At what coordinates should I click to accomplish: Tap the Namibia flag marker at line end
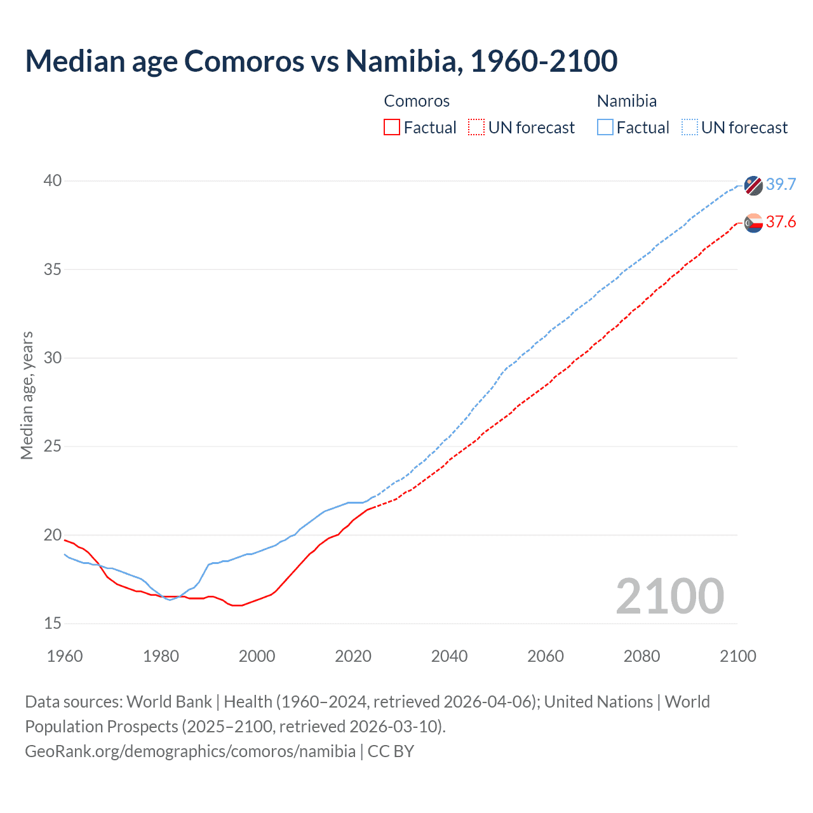[753, 185]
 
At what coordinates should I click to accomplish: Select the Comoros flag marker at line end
[753, 223]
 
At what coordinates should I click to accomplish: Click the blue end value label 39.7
[781, 184]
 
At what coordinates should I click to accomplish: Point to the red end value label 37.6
[781, 222]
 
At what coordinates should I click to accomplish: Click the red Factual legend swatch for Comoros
[392, 128]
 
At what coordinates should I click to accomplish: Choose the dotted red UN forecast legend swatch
[476, 128]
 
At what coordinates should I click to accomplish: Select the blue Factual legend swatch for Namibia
[605, 128]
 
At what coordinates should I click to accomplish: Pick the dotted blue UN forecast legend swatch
[689, 128]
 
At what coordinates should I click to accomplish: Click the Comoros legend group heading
[417, 101]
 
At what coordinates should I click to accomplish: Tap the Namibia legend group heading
[627, 101]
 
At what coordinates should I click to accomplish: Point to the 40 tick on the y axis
[52, 181]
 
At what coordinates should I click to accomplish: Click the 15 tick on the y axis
[52, 624]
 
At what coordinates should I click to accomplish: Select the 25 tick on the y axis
[52, 447]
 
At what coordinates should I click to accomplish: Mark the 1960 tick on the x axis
[65, 656]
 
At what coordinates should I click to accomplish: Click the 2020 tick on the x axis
[353, 656]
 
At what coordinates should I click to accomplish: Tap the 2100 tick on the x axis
[737, 656]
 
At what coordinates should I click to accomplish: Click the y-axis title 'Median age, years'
[27, 395]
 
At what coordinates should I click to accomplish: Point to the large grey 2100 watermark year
[669, 596]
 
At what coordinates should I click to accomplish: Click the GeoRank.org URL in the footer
[190, 751]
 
